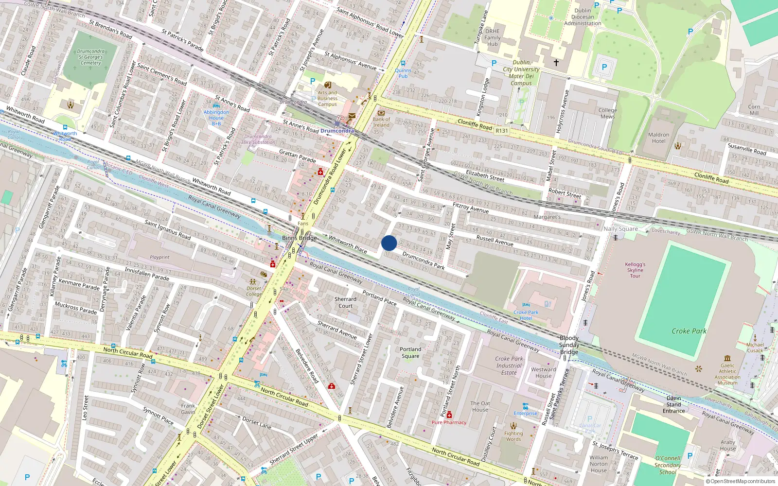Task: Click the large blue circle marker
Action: tap(389, 243)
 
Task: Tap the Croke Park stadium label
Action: tap(689, 331)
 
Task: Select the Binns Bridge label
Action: tap(300, 238)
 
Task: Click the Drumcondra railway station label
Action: tap(337, 131)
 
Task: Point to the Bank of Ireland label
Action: tap(381, 122)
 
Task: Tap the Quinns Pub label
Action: tap(403, 73)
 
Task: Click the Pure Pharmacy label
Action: tap(449, 422)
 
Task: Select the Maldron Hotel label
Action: tap(658, 138)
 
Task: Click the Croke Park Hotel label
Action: tap(526, 315)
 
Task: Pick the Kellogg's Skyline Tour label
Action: tap(635, 270)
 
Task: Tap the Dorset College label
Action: tap(254, 291)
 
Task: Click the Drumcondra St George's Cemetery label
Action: tap(91, 57)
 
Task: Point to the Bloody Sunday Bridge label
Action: tap(569, 345)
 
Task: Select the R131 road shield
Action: tap(501, 131)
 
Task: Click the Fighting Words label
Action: tap(513, 436)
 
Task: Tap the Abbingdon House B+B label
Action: tap(216, 118)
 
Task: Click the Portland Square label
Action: tap(410, 352)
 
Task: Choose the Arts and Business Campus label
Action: tap(327, 98)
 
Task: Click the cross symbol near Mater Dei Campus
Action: tap(556, 63)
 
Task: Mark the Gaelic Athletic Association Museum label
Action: tap(727, 374)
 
